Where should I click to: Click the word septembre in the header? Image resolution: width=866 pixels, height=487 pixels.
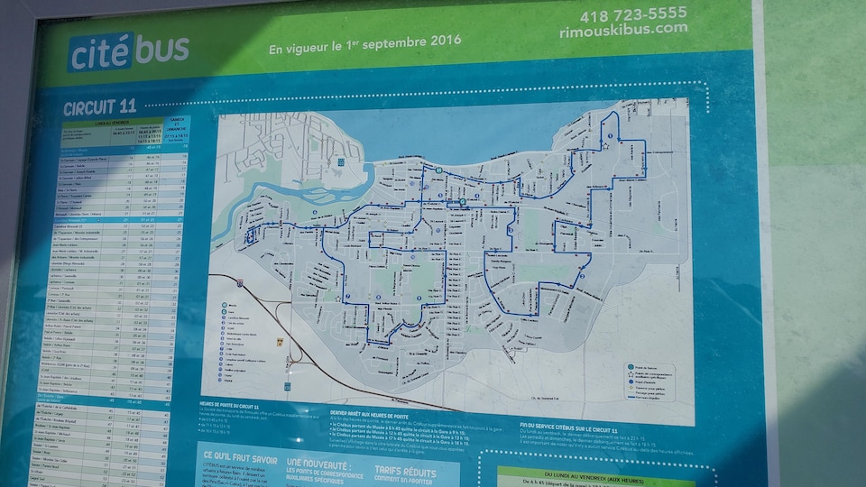click(389, 40)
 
